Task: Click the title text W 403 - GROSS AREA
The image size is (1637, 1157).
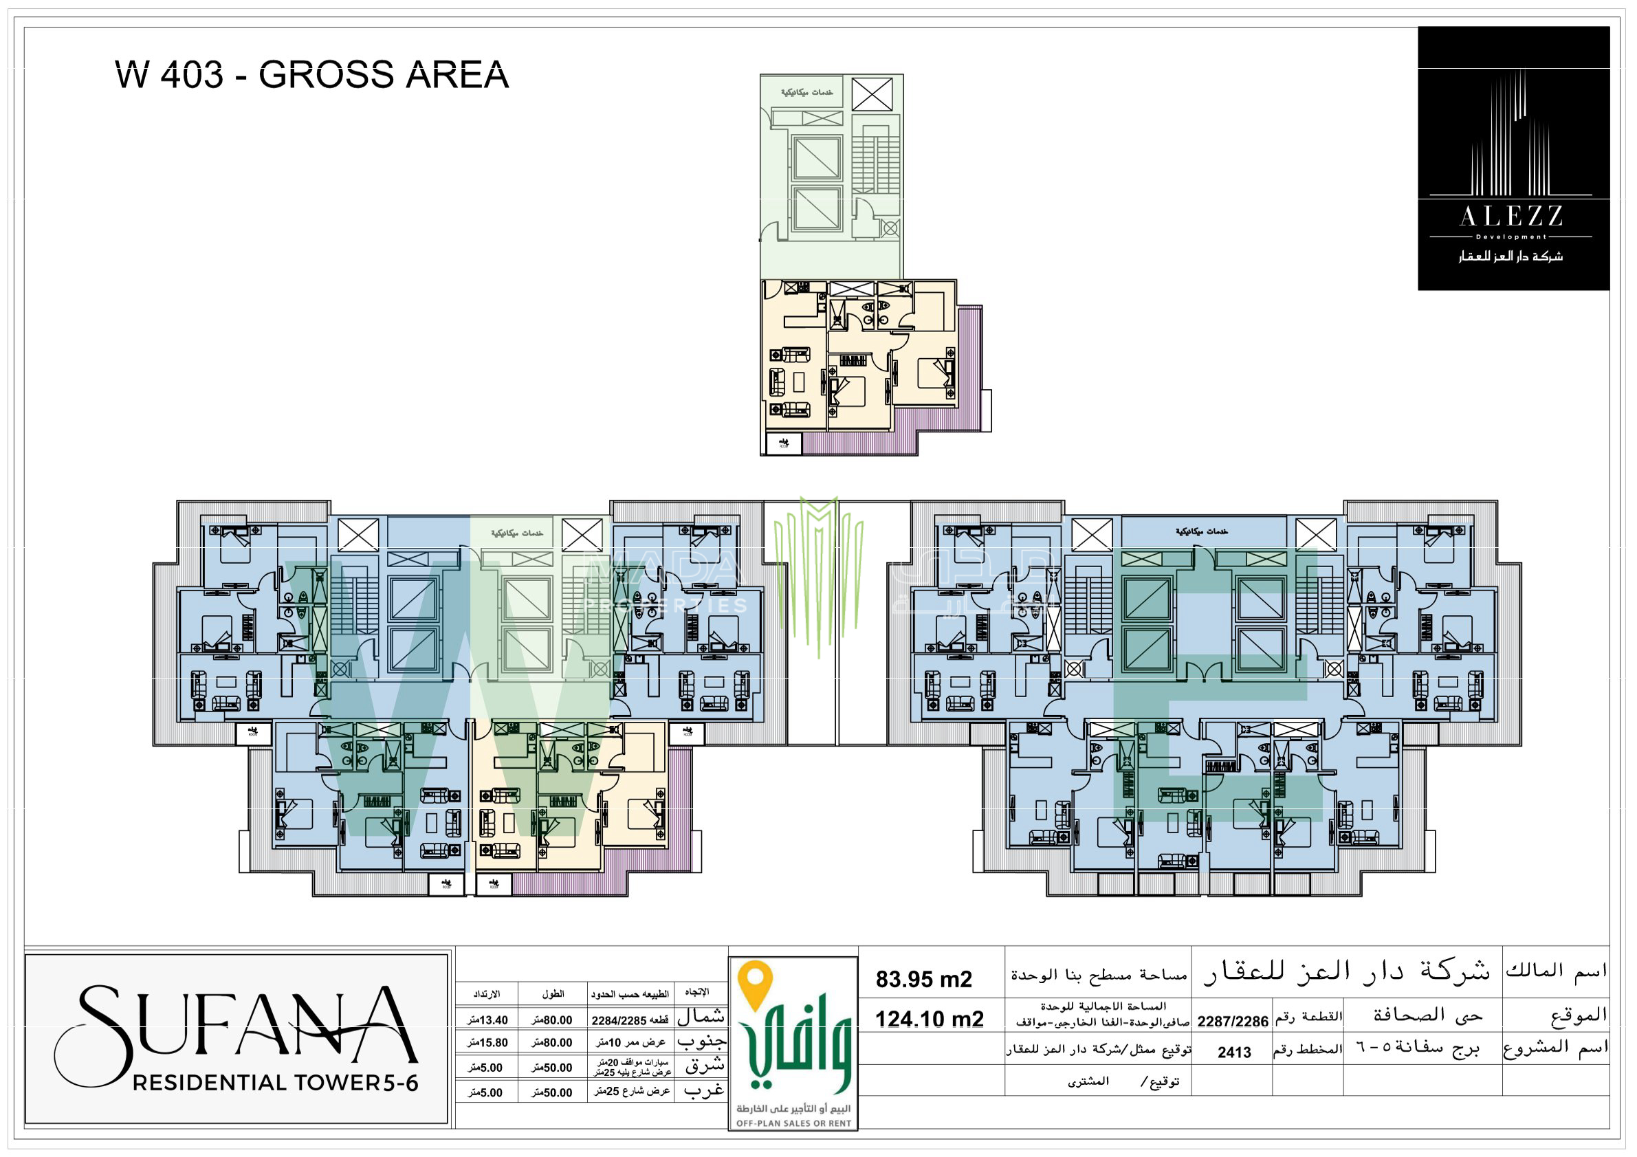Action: [311, 75]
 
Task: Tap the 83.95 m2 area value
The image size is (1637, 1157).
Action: [923, 980]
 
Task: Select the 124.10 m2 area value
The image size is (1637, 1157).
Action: [929, 1019]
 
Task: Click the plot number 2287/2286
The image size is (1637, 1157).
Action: [1232, 1022]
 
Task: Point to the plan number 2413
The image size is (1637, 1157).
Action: [1234, 1053]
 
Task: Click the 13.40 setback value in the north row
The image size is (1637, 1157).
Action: [488, 1020]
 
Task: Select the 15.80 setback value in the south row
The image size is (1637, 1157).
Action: [488, 1042]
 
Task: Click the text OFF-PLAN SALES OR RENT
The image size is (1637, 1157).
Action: [793, 1123]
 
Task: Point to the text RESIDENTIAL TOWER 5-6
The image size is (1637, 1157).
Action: [275, 1083]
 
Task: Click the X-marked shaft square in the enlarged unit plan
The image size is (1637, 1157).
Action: [871, 95]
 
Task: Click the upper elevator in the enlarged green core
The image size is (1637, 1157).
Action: [816, 157]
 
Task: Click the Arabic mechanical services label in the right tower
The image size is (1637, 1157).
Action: [1201, 532]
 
